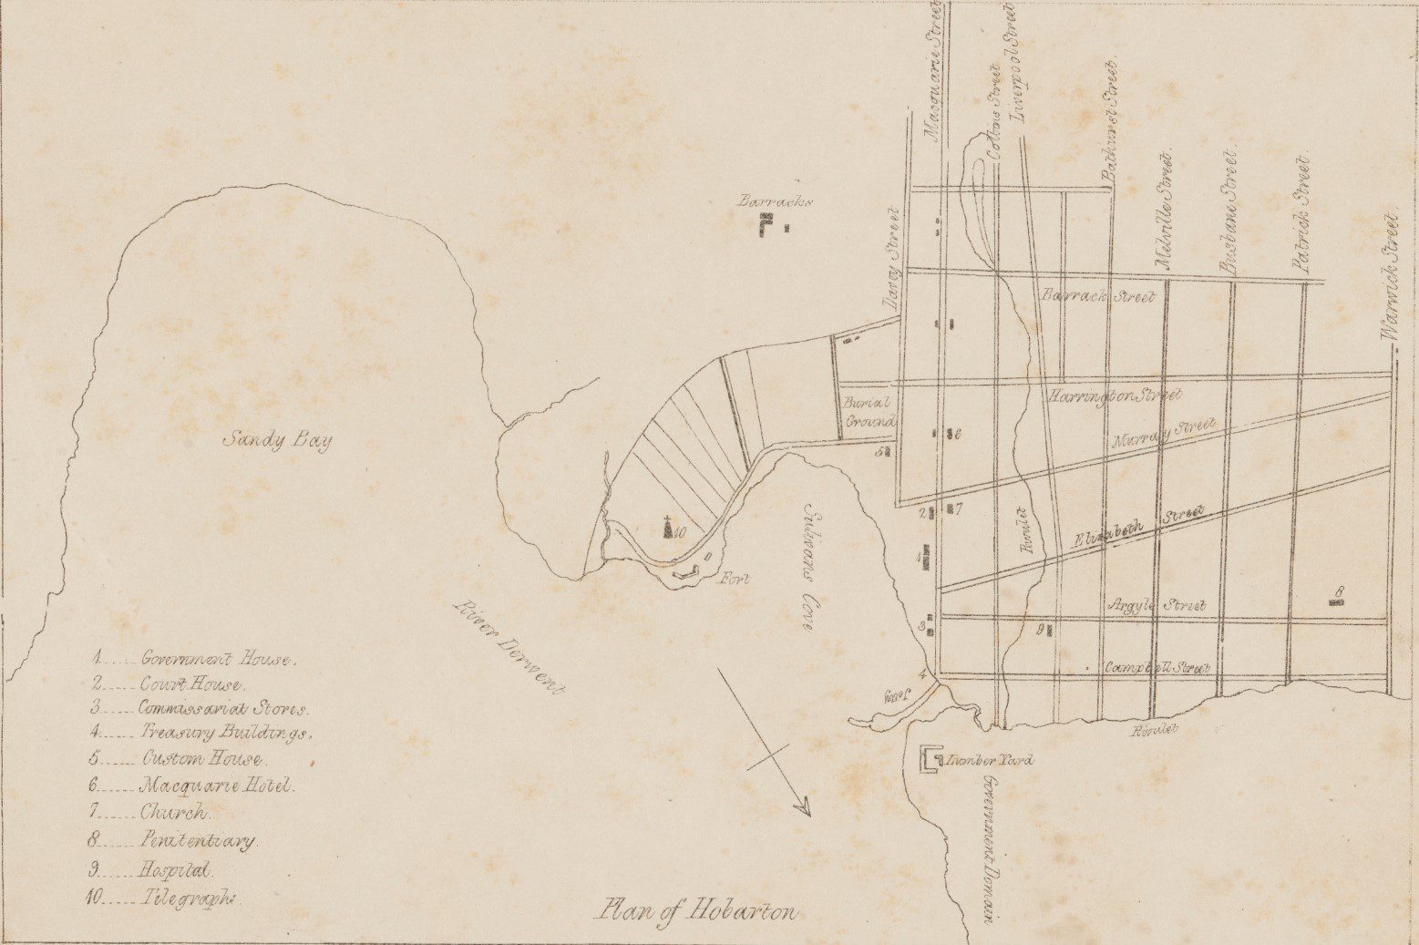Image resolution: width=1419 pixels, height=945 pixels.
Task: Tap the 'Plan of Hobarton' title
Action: pyautogui.click(x=696, y=911)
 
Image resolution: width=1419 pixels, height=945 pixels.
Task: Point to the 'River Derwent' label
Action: pyautogui.click(x=509, y=651)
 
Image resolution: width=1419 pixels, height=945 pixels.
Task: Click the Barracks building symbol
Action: pyautogui.click(x=771, y=224)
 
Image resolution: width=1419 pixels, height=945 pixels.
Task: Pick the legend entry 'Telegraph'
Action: pyautogui.click(x=190, y=897)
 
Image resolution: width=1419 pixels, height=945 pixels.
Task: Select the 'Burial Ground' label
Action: pyautogui.click(x=869, y=411)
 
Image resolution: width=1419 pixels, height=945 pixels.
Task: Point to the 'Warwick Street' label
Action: pyautogui.click(x=1388, y=277)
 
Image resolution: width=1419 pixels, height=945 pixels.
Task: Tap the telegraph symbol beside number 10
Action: pyautogui.click(x=668, y=528)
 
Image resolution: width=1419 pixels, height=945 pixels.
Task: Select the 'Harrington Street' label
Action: pyautogui.click(x=1114, y=395)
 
